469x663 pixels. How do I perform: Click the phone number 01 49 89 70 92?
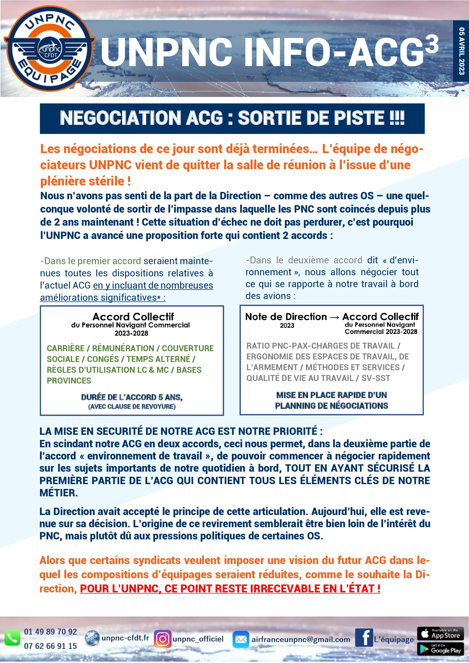click(x=50, y=632)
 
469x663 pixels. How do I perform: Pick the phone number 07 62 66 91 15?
click(x=50, y=646)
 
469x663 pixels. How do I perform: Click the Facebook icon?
click(x=364, y=637)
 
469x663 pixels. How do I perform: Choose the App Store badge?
click(x=440, y=634)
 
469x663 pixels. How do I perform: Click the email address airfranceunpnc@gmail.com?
click(x=301, y=639)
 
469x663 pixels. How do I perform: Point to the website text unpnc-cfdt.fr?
click(x=125, y=637)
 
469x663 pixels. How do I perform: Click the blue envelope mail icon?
click(x=240, y=639)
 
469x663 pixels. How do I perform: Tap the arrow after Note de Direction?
click(x=334, y=317)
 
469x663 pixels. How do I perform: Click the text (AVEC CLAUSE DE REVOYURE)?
click(x=132, y=406)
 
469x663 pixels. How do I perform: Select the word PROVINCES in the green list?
click(x=69, y=381)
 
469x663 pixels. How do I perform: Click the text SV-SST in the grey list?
click(x=375, y=378)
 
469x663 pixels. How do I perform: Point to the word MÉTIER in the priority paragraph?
click(x=58, y=493)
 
